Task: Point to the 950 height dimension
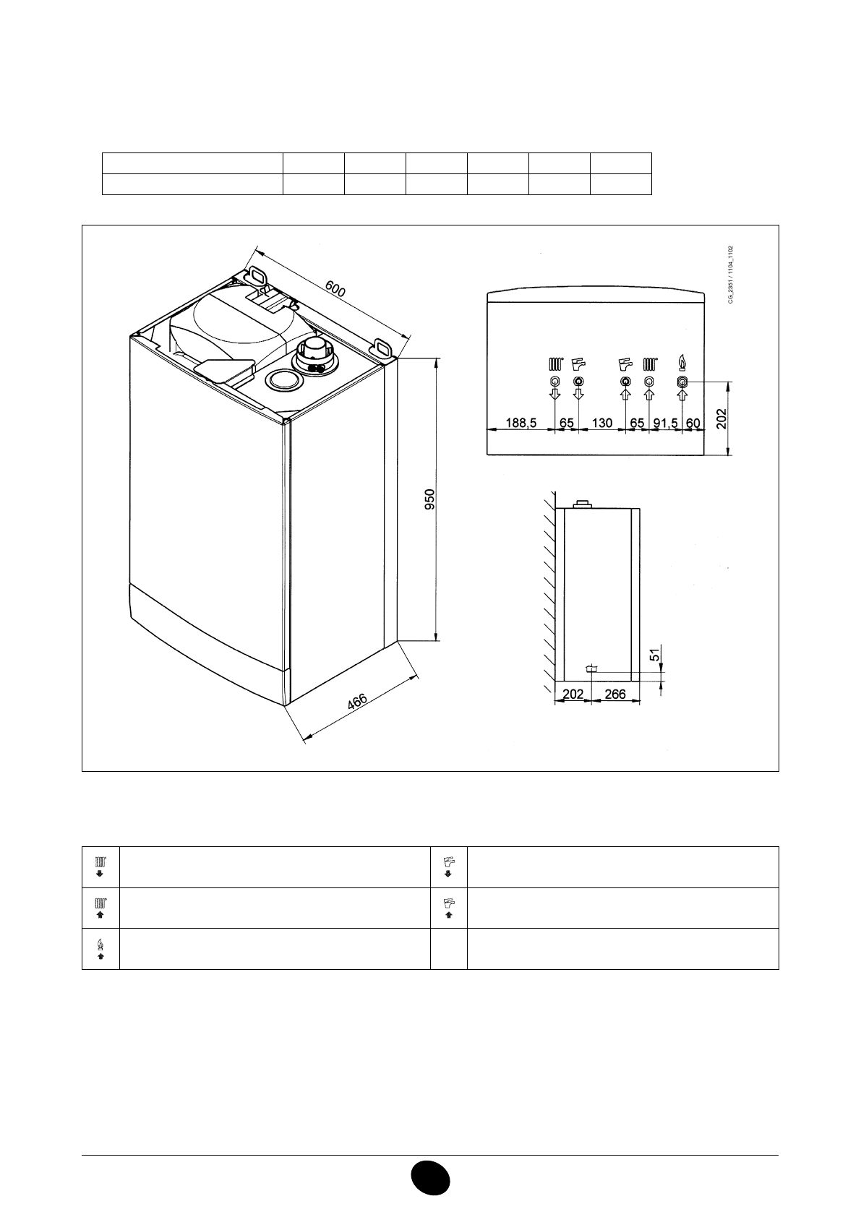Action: (x=429, y=500)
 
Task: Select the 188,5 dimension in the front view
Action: (x=521, y=423)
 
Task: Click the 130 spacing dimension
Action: (x=601, y=423)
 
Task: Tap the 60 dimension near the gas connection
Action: (x=693, y=423)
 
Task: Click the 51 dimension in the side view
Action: (x=654, y=655)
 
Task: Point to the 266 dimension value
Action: (x=614, y=694)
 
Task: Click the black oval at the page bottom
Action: (x=430, y=1179)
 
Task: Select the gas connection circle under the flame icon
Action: (x=681, y=382)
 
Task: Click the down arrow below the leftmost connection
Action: (x=554, y=395)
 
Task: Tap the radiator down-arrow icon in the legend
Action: (x=100, y=866)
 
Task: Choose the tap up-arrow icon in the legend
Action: (x=449, y=908)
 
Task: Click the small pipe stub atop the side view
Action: (x=581, y=503)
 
